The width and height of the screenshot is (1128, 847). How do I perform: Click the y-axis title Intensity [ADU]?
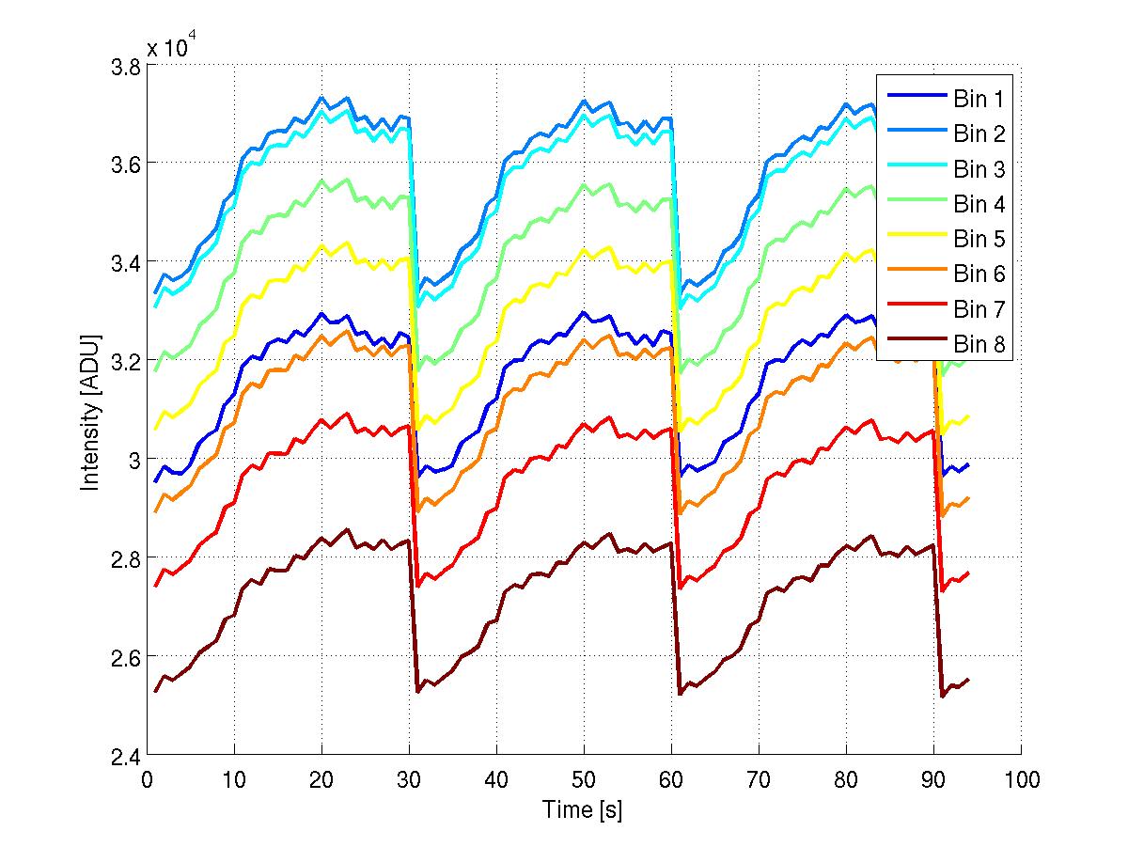(x=90, y=411)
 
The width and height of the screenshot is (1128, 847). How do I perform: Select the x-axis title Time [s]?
(x=583, y=809)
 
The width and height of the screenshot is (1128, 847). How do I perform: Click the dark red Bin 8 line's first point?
(x=156, y=691)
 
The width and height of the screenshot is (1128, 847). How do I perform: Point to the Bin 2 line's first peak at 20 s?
(x=321, y=98)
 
